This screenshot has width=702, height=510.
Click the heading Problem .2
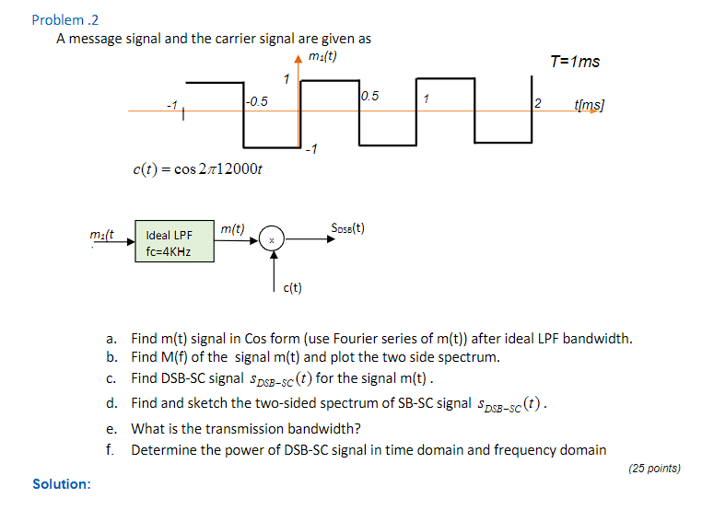64,19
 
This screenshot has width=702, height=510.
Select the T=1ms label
574,62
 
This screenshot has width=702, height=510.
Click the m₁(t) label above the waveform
322,56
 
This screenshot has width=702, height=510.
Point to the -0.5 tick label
257,101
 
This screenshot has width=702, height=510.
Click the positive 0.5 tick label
369,96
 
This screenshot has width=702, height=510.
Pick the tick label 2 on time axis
539,102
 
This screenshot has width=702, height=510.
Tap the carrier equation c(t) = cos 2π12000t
198,169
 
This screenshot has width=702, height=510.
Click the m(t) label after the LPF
232,227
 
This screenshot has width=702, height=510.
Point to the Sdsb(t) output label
347,228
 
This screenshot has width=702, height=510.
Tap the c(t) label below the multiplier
292,288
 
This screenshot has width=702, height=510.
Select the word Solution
62,484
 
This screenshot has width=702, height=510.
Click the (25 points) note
654,469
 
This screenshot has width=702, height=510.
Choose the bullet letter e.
111,428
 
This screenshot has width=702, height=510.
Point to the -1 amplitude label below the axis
311,150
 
